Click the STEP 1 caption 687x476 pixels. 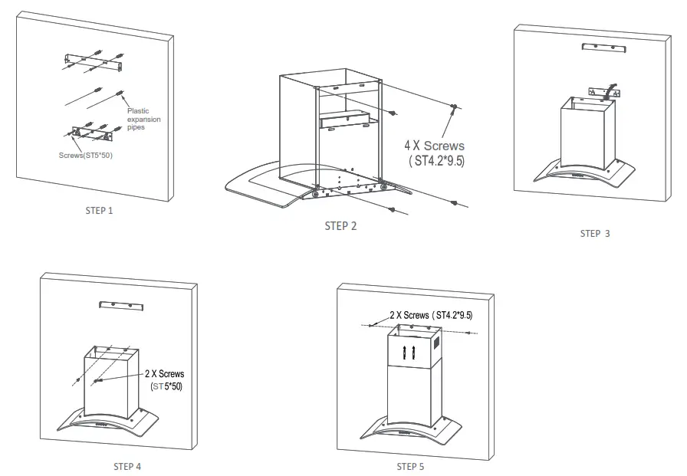coord(99,210)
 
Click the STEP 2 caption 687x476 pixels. coord(340,225)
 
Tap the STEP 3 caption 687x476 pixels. coord(594,233)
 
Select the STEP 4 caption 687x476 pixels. coord(127,466)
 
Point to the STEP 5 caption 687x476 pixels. coord(410,466)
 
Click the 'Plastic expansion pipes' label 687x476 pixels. coord(144,119)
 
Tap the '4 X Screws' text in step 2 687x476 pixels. coord(435,145)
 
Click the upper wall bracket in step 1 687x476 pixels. coord(94,61)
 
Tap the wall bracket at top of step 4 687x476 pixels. coord(121,305)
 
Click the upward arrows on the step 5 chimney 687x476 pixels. coord(409,353)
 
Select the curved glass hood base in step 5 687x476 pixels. coord(410,430)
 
